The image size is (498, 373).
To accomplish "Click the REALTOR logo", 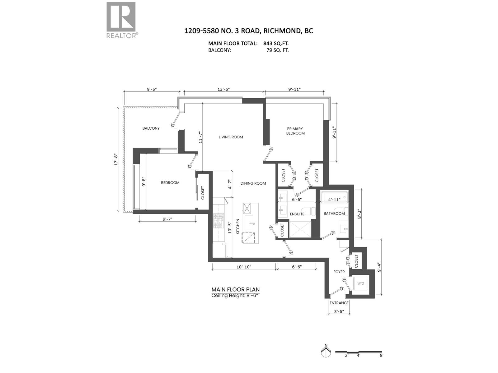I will pyautogui.click(x=121, y=20).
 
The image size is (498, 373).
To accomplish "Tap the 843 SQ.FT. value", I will pyautogui.click(x=278, y=44).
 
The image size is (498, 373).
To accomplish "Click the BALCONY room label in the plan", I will pyautogui.click(x=151, y=128).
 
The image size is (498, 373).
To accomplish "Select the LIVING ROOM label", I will pyautogui.click(x=231, y=137).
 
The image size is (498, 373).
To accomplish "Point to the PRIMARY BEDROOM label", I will pyautogui.click(x=295, y=131).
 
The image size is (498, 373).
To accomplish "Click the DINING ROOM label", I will pyautogui.click(x=253, y=183).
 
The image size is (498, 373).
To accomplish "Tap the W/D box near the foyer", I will pyautogui.click(x=360, y=283).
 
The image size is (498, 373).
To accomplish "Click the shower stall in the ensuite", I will pyautogui.click(x=300, y=229).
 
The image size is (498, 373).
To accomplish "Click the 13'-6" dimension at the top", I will pyautogui.click(x=223, y=90).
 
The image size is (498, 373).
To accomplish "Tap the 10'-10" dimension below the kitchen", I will pyautogui.click(x=244, y=267).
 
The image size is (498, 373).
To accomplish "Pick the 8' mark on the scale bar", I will pyautogui.click(x=381, y=355).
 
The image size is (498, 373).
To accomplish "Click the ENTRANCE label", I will pyautogui.click(x=339, y=303).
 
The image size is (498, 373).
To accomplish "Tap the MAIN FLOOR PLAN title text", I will pyautogui.click(x=235, y=289).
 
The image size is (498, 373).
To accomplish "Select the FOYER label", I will pyautogui.click(x=339, y=272).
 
